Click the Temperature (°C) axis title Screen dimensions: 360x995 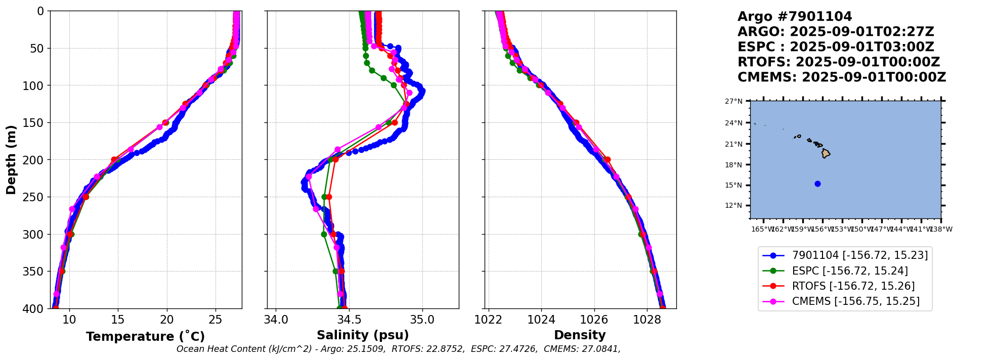tap(145, 337)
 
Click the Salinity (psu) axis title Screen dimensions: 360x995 tap(363, 335)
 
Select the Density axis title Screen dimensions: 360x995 tap(580, 335)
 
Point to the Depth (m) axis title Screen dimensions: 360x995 tap(11, 160)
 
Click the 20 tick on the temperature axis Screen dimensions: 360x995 tap(167, 320)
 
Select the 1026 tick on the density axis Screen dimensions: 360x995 tap(594, 320)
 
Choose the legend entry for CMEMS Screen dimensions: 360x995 tap(855, 301)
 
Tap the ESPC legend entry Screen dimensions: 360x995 tap(850, 271)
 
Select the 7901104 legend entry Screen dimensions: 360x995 tap(859, 255)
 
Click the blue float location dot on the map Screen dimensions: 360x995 tap(817, 184)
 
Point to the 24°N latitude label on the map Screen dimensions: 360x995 tap(733, 123)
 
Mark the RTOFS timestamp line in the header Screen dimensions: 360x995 tap(838, 62)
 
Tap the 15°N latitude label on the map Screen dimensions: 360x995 tap(733, 185)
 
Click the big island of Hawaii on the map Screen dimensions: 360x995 tap(826, 153)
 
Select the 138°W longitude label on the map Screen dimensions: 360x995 tap(941, 229)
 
